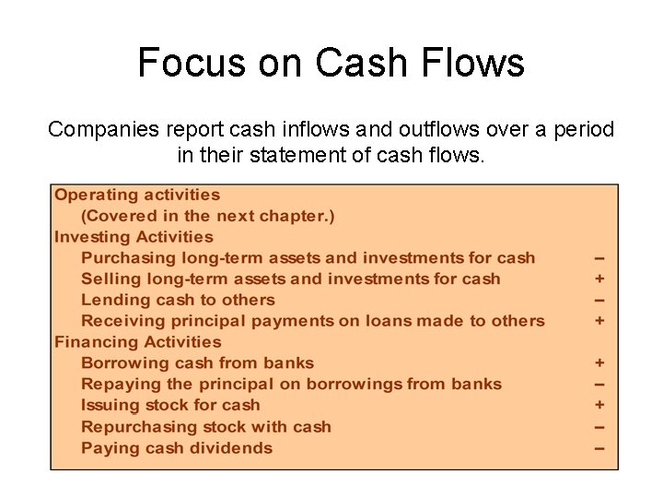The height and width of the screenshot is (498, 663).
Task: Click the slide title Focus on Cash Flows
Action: [331, 64]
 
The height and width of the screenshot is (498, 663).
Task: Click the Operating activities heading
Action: [137, 195]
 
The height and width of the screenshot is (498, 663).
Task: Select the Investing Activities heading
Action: [134, 237]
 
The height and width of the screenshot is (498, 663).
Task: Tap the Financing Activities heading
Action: [137, 342]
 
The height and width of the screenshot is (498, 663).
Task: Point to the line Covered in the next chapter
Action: [208, 216]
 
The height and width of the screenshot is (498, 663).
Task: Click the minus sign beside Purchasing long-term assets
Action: [599, 258]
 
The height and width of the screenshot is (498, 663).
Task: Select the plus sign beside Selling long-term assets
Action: [599, 279]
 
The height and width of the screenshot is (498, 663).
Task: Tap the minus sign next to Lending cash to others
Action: [599, 301]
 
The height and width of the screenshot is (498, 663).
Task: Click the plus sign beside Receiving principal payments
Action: [599, 321]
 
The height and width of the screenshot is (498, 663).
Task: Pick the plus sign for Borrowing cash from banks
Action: [599, 363]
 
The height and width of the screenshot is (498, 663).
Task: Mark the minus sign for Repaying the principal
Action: [599, 385]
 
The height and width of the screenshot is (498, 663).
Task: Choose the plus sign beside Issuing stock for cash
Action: [599, 405]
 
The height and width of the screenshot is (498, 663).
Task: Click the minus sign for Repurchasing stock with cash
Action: [599, 427]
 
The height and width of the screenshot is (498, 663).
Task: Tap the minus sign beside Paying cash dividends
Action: [599, 448]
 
